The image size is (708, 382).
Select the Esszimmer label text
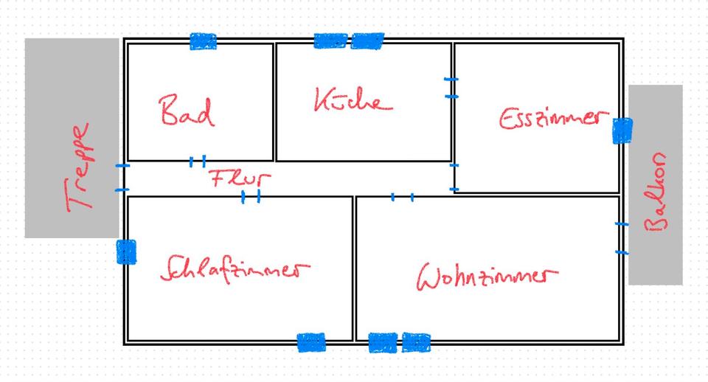point(553,119)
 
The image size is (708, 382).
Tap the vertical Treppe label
point(79,167)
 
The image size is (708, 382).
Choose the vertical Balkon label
point(656,192)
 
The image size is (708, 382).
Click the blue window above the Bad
point(204,41)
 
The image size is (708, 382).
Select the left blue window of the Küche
point(330,41)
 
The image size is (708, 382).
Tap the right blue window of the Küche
point(367,41)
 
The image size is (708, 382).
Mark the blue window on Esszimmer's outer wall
point(622,131)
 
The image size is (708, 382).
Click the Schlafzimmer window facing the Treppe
point(126,251)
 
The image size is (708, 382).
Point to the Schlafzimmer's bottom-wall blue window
point(311,342)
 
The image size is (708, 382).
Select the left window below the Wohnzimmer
point(382,342)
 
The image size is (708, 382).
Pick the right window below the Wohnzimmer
point(417,342)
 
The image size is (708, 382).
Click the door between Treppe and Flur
point(122,178)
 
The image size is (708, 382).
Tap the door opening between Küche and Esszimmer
point(451,87)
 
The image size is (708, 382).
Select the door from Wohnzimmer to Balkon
point(622,237)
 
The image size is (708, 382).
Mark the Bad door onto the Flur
point(197,161)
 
